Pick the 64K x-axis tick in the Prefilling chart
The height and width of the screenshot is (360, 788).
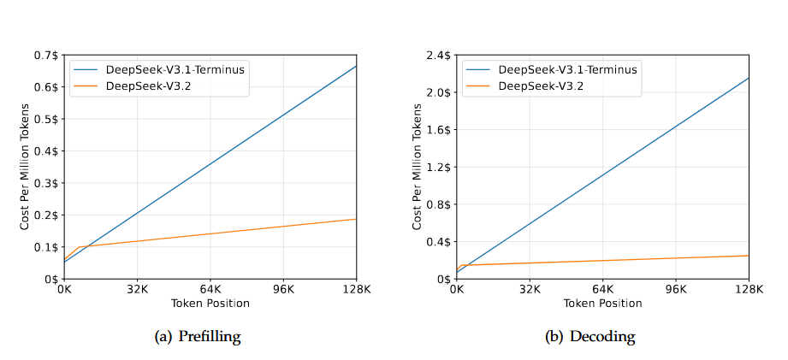point(210,289)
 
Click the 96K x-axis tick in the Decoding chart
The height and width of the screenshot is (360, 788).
point(676,289)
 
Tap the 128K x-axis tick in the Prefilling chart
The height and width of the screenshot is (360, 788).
point(355,289)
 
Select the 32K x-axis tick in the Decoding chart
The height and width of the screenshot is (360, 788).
point(530,289)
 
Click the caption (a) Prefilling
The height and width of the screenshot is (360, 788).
point(198,337)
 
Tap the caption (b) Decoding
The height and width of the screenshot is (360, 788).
point(590,337)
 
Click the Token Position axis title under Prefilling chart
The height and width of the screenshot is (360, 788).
point(210,304)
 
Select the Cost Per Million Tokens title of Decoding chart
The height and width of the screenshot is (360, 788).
point(417,167)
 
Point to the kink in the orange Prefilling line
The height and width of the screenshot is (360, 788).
point(79,247)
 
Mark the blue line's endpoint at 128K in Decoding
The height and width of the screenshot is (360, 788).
point(749,78)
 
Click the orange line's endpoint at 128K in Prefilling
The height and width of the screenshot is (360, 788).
point(356,219)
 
